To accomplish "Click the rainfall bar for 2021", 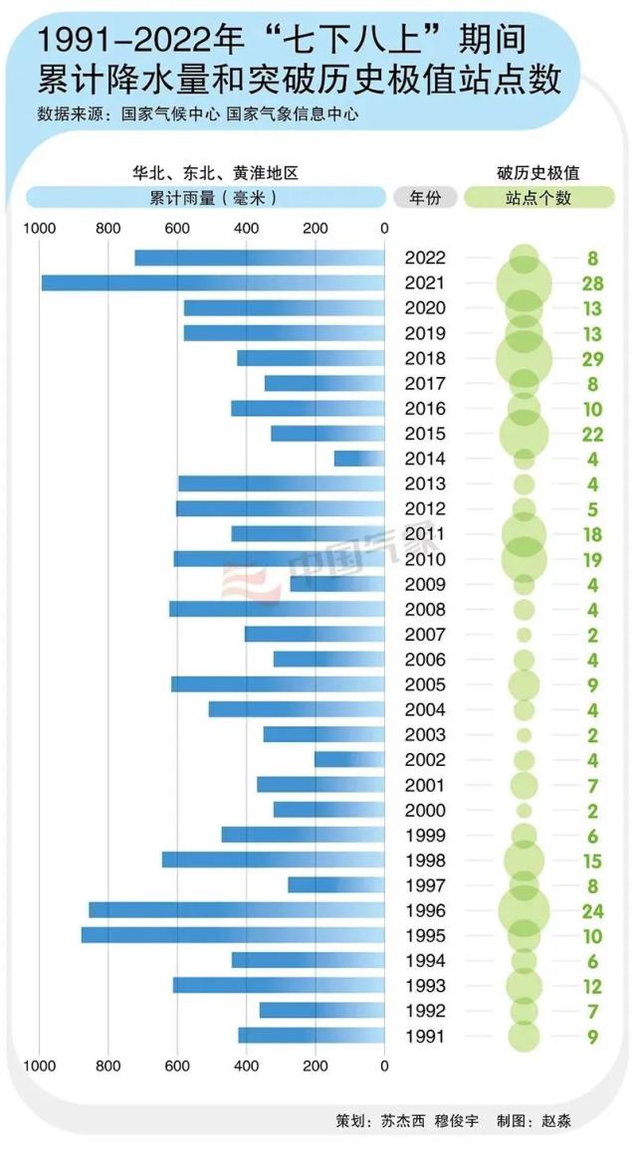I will point(212,284).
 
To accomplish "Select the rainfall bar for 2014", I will point(359,459).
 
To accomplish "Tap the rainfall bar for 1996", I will point(236,910).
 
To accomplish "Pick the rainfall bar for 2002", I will point(349,760).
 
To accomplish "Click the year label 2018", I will point(425,358).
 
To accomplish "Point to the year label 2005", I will point(425,684).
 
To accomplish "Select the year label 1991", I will point(425,1036).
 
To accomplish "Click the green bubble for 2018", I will point(524,358).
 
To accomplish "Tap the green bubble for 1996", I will point(524,910).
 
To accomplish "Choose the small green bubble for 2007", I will point(524,635).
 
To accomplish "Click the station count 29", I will point(592,358).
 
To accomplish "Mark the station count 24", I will point(592,910).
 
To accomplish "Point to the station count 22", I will point(592,434).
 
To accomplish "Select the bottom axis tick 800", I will point(108,1065).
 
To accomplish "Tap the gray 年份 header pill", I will point(425,197).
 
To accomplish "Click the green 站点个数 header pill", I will point(538,197).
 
